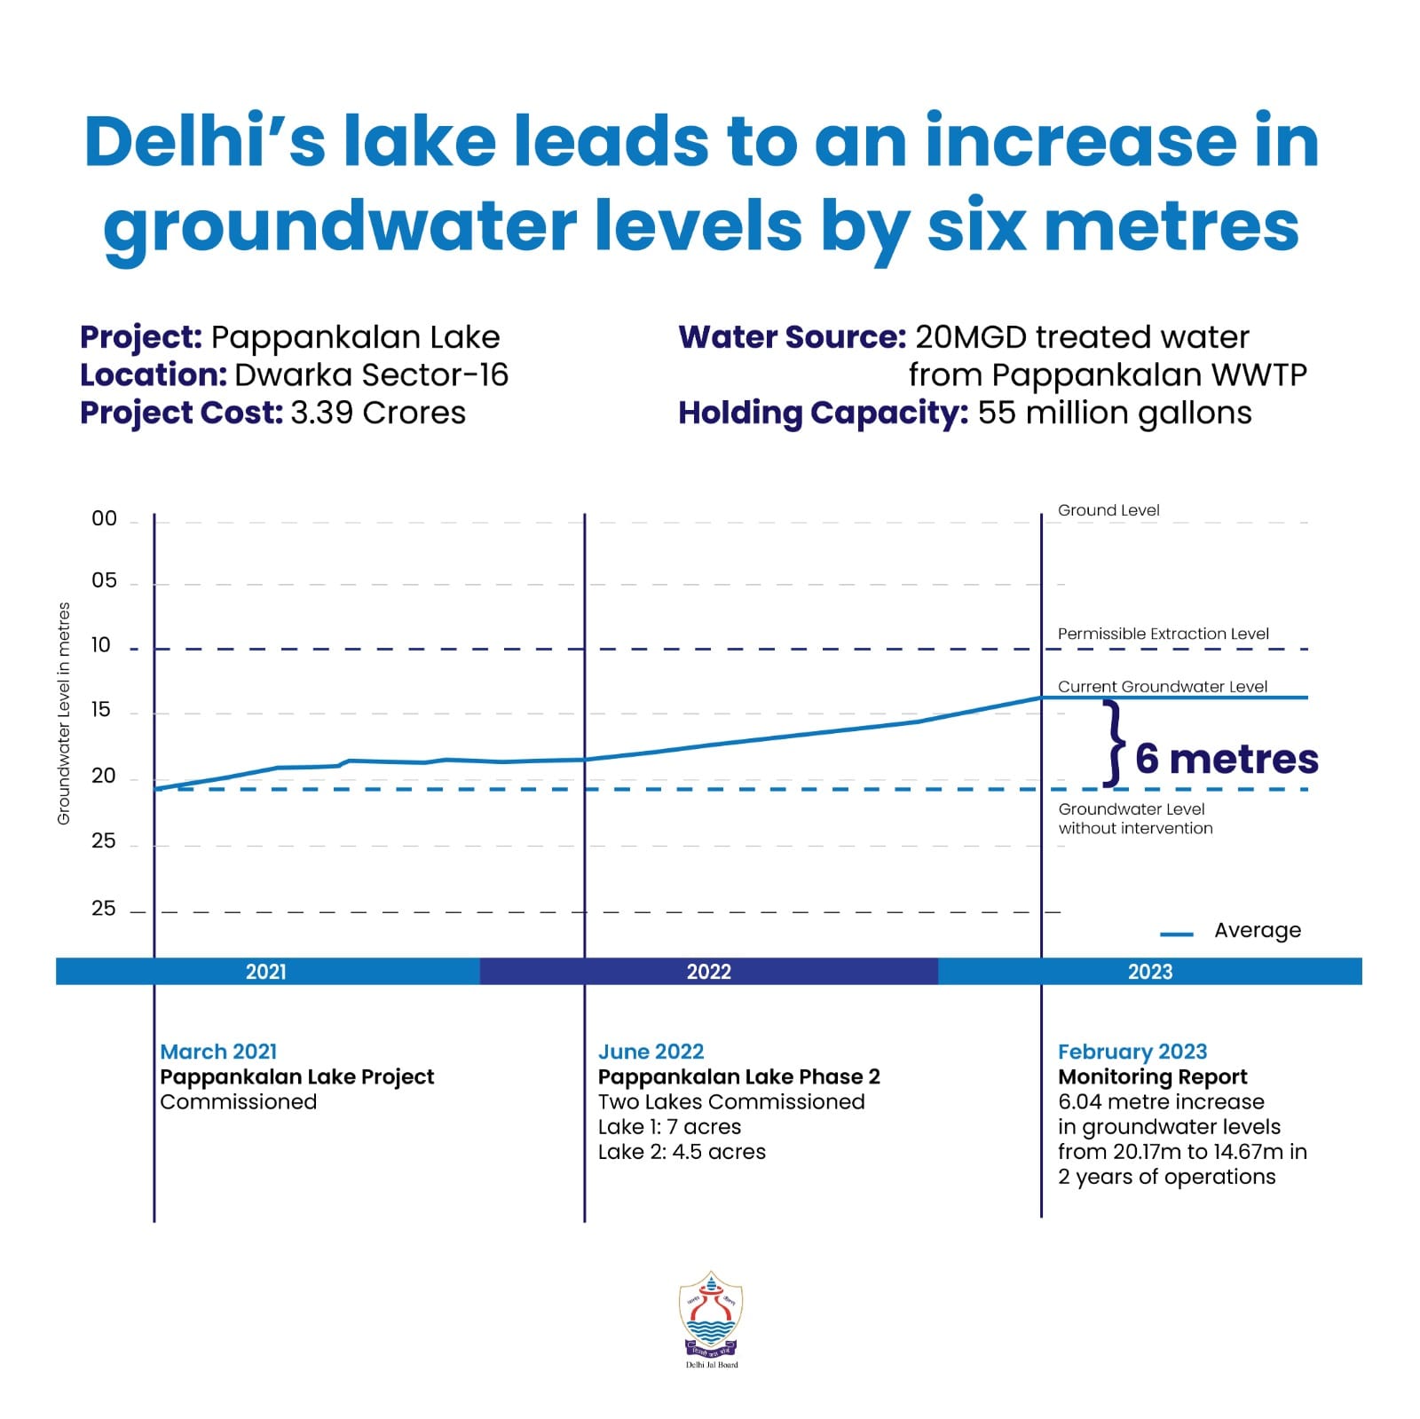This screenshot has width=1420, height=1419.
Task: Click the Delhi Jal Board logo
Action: coord(711,1317)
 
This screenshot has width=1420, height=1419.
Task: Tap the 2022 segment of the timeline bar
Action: coord(708,971)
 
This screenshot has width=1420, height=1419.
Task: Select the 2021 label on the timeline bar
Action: coord(265,971)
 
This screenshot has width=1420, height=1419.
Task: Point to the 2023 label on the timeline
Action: coord(1149,971)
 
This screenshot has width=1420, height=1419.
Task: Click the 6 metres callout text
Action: coord(1226,759)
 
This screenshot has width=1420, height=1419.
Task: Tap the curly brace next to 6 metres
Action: coord(1114,744)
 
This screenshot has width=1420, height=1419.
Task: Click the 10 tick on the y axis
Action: coord(102,645)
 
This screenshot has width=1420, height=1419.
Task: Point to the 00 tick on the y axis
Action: coord(104,519)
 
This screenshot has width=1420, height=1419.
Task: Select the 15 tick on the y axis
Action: coord(102,710)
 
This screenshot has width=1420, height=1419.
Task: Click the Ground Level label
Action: coord(1108,510)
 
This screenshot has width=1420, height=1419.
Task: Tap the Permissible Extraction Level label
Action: coord(1163,634)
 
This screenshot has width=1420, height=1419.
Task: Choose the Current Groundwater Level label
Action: coord(1162,686)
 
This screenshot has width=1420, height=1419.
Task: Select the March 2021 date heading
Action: coord(218,1052)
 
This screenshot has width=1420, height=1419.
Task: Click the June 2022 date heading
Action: coord(651,1052)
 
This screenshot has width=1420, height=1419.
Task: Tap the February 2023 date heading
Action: coord(1132,1052)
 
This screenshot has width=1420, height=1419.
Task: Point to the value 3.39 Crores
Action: coord(377,413)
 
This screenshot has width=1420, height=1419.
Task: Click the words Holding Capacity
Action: coord(823,414)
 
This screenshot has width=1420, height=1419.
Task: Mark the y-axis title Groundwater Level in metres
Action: coord(64,713)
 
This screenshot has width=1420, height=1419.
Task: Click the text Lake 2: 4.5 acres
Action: coord(682,1151)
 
